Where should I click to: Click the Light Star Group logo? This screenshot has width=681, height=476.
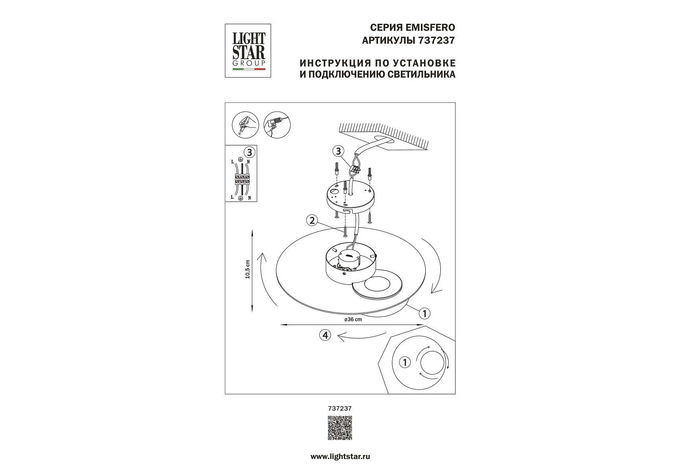(x=248, y=50)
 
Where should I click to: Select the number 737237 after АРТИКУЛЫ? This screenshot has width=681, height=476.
(x=436, y=40)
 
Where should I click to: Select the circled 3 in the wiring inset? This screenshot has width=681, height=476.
(x=249, y=152)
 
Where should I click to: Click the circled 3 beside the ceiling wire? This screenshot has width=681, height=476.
(x=338, y=151)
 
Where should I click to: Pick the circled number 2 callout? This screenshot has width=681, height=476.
(x=312, y=221)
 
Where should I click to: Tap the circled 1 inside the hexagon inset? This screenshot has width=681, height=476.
(x=405, y=362)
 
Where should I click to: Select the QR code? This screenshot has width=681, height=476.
(x=340, y=428)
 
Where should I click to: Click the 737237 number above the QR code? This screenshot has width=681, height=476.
(x=340, y=408)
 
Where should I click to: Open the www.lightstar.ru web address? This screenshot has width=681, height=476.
(x=340, y=457)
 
